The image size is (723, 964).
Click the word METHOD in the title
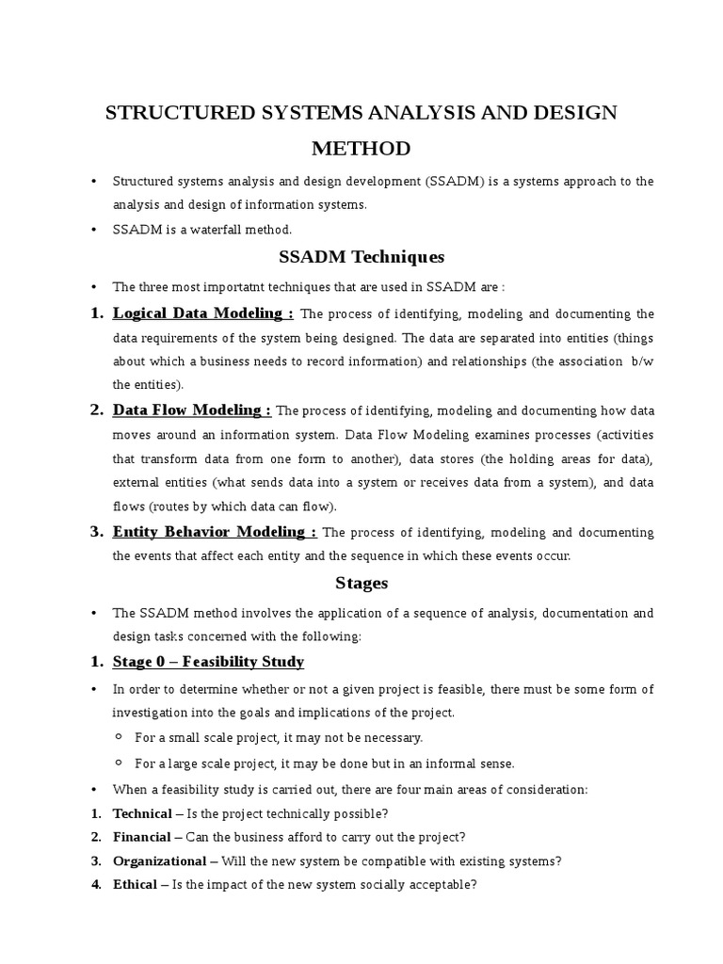tap(361, 149)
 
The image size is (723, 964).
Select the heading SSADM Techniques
tap(361, 257)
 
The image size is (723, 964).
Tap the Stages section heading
tap(361, 583)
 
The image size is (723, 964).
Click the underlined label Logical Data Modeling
tap(202, 313)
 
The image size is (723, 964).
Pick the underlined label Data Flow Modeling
tap(191, 410)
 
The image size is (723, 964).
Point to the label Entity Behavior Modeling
tap(214, 532)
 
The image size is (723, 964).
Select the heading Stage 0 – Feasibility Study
tap(208, 662)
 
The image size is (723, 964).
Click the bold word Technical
tap(142, 813)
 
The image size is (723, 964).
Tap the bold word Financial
tap(141, 837)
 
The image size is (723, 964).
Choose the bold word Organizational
tap(159, 860)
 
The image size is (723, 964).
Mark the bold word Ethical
tap(135, 885)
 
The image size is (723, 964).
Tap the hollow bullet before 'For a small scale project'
tap(120, 737)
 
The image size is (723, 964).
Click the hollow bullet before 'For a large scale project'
tap(120, 763)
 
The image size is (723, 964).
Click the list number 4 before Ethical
tap(96, 885)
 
